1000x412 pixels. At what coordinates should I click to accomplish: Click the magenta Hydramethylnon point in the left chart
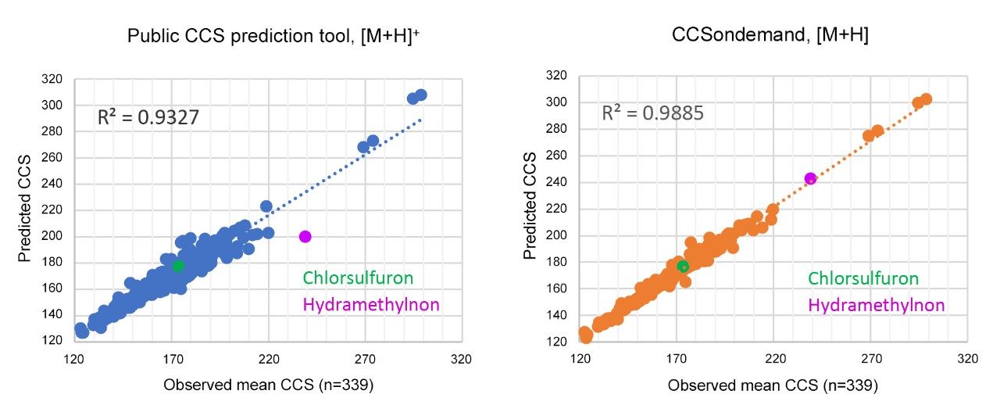pos(305,236)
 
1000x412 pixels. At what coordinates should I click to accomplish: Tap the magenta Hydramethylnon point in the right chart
pos(810,178)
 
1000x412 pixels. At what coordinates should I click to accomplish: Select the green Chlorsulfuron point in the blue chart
pos(178,266)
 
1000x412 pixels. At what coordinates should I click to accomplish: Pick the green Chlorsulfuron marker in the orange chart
pos(683,267)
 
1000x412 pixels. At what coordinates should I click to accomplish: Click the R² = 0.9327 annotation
pos(148,118)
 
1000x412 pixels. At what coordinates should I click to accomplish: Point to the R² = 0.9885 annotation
pos(652,113)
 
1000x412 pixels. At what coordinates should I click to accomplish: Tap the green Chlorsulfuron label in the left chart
pos(358,278)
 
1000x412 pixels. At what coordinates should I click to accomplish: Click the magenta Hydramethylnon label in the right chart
pos(876,305)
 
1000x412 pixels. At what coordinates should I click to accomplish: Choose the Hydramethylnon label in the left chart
pos(371,305)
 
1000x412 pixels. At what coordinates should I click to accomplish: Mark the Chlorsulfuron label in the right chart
pos(862,278)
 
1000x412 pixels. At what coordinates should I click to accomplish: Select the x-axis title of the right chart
pos(773,385)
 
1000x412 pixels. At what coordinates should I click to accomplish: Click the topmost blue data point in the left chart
pos(421,95)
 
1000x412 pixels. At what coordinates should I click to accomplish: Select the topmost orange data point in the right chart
pos(926,99)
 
